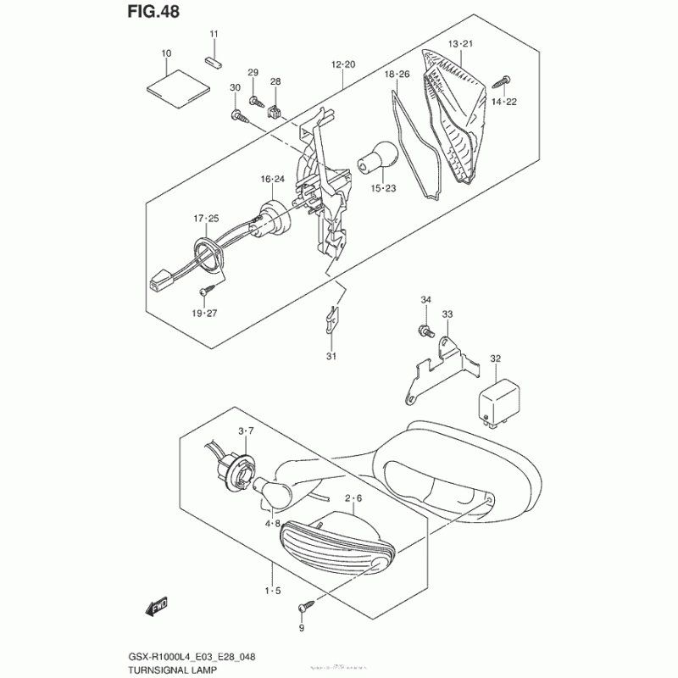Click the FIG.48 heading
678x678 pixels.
tap(154, 14)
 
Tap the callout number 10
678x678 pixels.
tap(166, 54)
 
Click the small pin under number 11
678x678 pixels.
tap(214, 61)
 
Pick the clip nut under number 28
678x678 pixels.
tap(275, 108)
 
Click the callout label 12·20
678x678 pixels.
tap(343, 64)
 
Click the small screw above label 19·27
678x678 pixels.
tap(204, 290)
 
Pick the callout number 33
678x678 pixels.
tap(447, 314)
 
